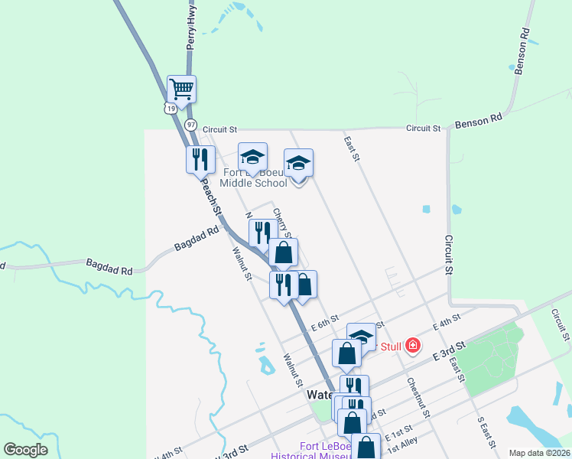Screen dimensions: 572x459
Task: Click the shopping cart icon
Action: [x=182, y=89]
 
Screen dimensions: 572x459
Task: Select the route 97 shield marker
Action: [x=190, y=124]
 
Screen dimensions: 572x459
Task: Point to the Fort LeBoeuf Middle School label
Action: [x=253, y=177]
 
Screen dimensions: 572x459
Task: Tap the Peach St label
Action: [x=212, y=198]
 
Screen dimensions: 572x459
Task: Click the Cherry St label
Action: [x=281, y=223]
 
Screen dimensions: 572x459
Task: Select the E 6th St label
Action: [x=324, y=324]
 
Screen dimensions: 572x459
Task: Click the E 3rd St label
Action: [x=448, y=351]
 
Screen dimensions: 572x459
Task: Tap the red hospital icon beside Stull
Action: [x=413, y=346]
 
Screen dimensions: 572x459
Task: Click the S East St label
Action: [x=486, y=433]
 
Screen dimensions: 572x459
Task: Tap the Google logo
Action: [x=25, y=450]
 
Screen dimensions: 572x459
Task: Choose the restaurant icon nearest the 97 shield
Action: [x=200, y=159]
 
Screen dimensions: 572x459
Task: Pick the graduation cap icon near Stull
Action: [x=361, y=336]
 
